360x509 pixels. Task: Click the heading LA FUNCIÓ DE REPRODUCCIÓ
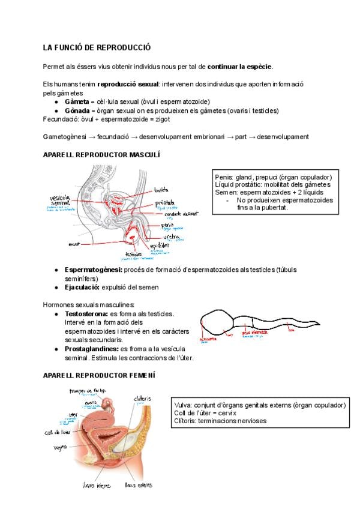coord(97,47)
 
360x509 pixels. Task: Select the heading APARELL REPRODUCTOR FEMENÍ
coord(99,375)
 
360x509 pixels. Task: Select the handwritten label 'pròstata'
coord(164,203)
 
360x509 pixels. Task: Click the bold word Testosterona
coord(86,314)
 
